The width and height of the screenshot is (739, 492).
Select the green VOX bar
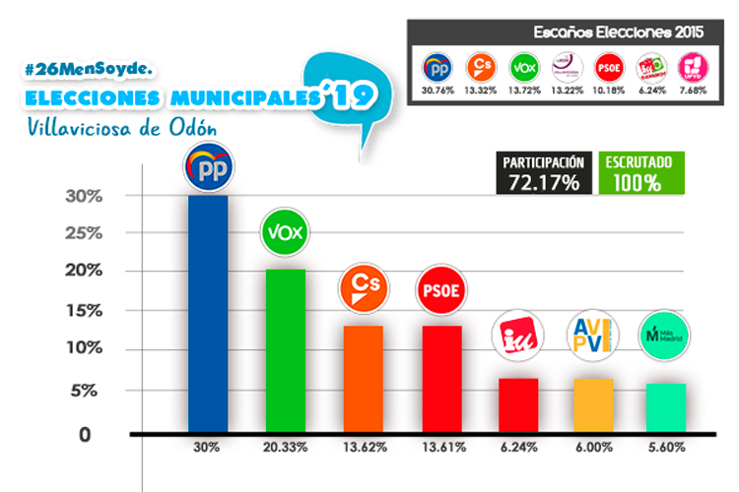pos(285,349)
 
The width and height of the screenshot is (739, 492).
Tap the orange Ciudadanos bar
pos(362,378)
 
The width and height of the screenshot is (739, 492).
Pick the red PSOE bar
pos(439,378)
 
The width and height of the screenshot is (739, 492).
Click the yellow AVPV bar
pos(594,404)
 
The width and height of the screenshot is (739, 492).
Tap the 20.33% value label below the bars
pos(286,447)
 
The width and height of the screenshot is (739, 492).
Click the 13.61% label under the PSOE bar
pos(440,447)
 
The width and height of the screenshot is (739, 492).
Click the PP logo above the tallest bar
pos(208,169)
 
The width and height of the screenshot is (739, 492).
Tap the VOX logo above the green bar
pos(285,232)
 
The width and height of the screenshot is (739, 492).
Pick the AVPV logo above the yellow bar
pos(594,336)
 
